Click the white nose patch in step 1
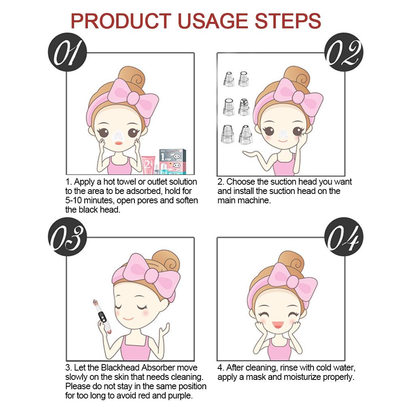click(x=118, y=134)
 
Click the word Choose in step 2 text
click(x=240, y=182)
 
